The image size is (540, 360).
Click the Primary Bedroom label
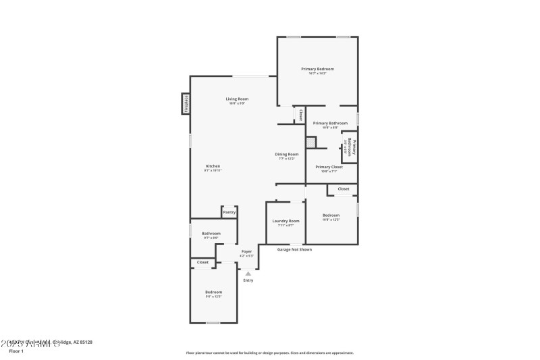click(x=317, y=69)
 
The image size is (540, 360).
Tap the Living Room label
click(x=237, y=99)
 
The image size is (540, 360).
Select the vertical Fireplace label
click(x=186, y=103)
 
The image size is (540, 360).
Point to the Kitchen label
click(x=213, y=166)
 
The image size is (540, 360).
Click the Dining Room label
click(x=287, y=155)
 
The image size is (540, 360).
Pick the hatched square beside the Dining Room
click(x=310, y=143)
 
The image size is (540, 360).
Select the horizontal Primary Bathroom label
click(x=330, y=123)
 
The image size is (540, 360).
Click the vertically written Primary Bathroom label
click(x=351, y=147)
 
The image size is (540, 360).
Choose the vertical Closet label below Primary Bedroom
click(x=300, y=115)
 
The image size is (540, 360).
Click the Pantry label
click(x=230, y=212)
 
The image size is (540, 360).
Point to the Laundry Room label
click(x=286, y=221)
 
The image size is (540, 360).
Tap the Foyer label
click(x=247, y=251)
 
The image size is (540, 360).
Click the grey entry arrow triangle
click(x=248, y=273)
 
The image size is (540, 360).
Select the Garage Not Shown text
click(x=295, y=249)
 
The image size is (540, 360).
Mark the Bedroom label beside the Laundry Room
click(x=331, y=215)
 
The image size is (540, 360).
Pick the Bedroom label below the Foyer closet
click(x=213, y=292)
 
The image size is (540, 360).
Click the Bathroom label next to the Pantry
click(x=211, y=234)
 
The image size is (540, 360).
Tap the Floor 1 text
click(x=16, y=351)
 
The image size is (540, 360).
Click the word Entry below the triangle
click(x=248, y=280)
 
